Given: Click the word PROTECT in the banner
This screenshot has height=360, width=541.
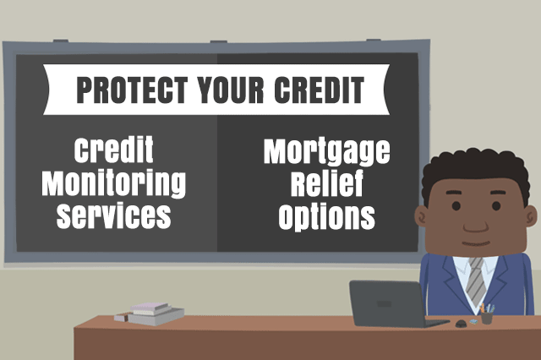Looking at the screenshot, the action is (x=132, y=90).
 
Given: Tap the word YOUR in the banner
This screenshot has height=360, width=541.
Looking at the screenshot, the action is (x=231, y=90).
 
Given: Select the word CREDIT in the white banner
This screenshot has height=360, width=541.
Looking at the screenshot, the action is (x=320, y=90).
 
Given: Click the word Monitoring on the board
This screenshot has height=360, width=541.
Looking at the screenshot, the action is (x=114, y=183).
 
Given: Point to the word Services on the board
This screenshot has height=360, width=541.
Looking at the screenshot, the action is (x=114, y=215).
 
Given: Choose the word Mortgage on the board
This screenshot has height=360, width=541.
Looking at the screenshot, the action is (x=327, y=152).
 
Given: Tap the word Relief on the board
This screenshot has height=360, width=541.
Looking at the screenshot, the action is (x=327, y=183).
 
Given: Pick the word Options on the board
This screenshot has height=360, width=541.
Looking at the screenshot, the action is (x=327, y=215).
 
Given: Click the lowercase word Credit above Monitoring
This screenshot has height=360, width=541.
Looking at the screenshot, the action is (x=114, y=150).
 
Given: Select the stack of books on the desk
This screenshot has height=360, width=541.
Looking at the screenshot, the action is (x=150, y=314).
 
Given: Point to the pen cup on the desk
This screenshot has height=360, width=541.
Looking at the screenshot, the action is (x=487, y=314).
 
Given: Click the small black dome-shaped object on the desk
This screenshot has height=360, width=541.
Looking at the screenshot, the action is (x=461, y=324).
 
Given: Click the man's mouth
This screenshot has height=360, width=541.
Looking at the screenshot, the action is (x=476, y=243).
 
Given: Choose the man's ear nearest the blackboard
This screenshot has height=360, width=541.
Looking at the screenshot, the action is (x=421, y=216).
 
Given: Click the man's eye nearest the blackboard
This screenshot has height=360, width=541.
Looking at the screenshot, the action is (x=456, y=206).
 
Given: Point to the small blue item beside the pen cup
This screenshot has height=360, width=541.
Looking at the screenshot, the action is (x=473, y=321).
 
